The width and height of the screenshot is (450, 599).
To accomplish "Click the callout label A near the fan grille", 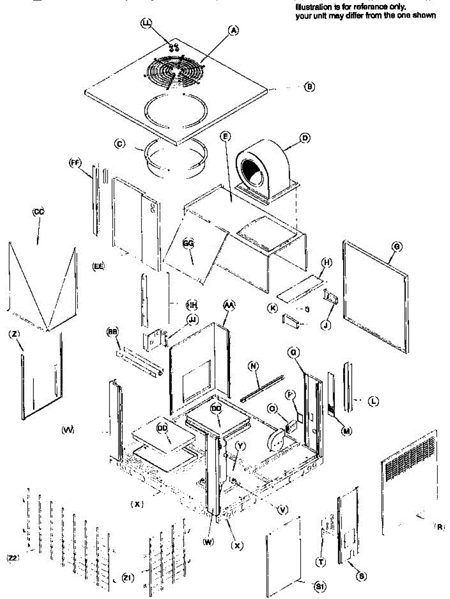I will coord(233,30).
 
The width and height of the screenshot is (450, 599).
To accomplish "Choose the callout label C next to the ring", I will coord(119,144).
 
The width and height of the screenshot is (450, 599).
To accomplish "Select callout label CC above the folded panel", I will coord(38,212).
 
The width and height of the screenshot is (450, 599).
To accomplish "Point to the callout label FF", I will coord(75,163).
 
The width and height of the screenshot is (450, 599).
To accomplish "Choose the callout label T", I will coord(321,562).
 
